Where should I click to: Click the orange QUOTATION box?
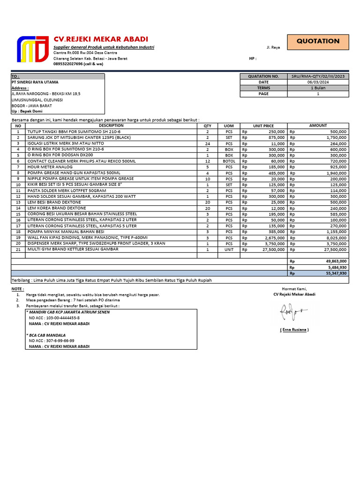[318, 41]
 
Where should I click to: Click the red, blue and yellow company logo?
[32, 49]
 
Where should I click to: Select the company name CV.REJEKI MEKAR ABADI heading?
[100, 39]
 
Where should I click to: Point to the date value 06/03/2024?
[319, 82]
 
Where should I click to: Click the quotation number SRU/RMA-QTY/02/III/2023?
[318, 76]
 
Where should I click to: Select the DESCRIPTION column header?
[111, 126]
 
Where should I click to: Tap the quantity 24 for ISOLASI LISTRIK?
[207, 143]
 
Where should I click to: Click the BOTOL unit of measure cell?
[229, 161]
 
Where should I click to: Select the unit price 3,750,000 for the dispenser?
[273, 243]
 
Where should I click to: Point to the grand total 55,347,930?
[334, 273]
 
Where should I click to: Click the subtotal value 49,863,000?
[334, 261]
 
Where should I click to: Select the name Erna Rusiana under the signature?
[294, 330]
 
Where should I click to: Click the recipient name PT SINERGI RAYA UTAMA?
[35, 82]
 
